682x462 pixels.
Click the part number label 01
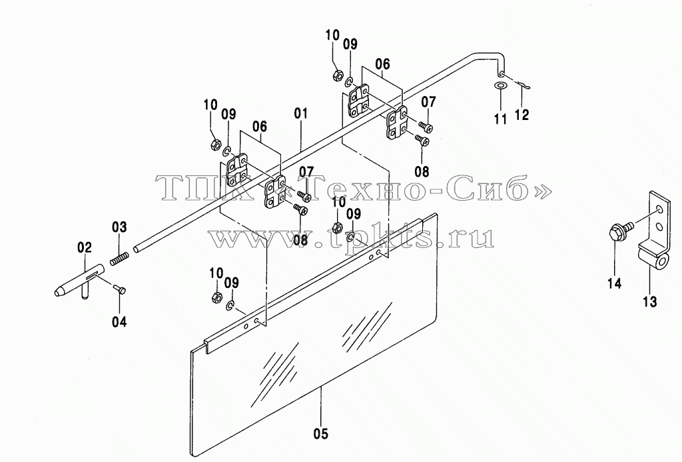point(300,114)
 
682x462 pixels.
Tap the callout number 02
point(85,248)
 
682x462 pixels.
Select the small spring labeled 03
point(119,259)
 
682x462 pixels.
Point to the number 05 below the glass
point(320,434)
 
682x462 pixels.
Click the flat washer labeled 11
point(501,85)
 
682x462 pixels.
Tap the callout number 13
point(650,301)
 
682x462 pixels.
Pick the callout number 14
point(615,283)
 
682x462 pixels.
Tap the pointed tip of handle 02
point(57,293)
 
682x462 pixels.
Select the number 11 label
point(501,119)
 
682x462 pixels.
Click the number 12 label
point(522,115)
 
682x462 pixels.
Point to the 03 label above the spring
point(120,227)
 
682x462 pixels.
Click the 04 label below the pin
point(120,322)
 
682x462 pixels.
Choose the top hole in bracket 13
point(660,211)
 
